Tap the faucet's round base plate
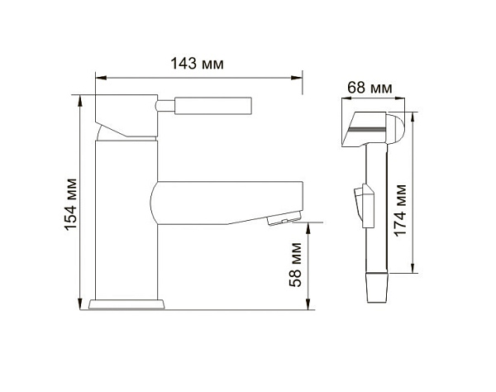pyautogui.click(x=126, y=304)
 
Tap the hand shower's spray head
pyautogui.click(x=376, y=128)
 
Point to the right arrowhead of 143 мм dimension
pyautogui.click(x=299, y=79)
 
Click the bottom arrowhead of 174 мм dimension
pyautogui.click(x=413, y=268)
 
